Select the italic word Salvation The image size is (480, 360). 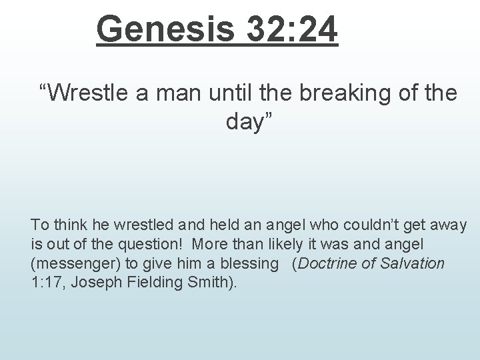[413, 263]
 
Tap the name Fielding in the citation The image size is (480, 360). [147, 281]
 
